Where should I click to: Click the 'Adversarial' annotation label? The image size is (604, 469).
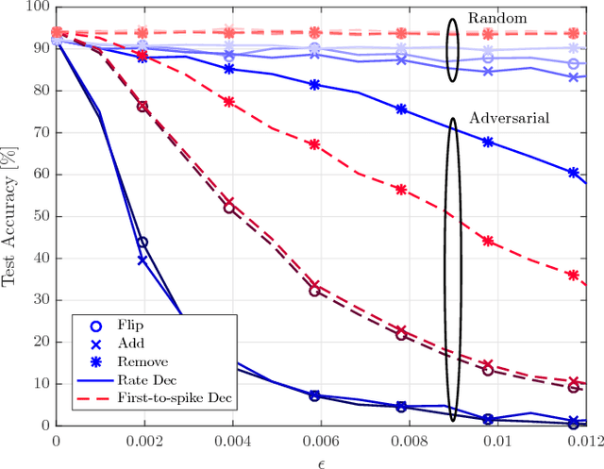click(x=510, y=118)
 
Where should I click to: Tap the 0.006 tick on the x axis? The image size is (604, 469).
click(x=315, y=440)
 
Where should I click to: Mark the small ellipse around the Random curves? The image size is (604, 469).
click(x=452, y=49)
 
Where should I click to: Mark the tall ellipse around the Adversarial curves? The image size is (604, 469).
click(x=453, y=269)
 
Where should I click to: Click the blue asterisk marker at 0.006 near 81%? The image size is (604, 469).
click(x=315, y=85)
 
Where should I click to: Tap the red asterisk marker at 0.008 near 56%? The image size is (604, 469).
click(x=401, y=190)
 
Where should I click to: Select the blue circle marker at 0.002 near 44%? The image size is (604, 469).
click(x=143, y=243)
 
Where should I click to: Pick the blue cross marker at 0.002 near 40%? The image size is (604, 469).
click(x=143, y=260)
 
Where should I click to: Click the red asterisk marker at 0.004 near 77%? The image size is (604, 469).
click(x=228, y=101)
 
